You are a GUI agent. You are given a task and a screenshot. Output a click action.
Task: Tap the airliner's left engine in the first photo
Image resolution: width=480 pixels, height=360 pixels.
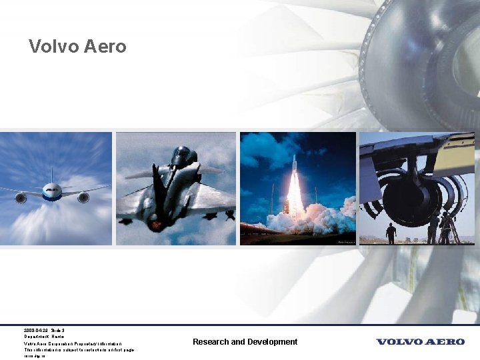point(21,198)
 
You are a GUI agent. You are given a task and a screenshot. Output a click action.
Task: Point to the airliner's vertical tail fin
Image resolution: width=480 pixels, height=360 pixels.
point(51,175)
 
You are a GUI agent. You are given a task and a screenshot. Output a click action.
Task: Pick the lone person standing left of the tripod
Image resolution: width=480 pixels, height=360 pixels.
point(391,233)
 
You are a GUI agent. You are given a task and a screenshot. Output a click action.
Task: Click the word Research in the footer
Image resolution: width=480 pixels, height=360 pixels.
point(211,342)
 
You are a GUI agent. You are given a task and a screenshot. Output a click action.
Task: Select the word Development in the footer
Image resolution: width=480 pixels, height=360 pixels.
point(272,342)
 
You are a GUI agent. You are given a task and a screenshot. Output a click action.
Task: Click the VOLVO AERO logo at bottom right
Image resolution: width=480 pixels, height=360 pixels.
point(420,342)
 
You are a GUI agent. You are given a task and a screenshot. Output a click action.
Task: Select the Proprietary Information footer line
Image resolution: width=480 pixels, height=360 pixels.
point(73,343)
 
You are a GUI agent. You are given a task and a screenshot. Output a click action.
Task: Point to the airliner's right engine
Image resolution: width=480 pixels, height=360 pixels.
point(83,197)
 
